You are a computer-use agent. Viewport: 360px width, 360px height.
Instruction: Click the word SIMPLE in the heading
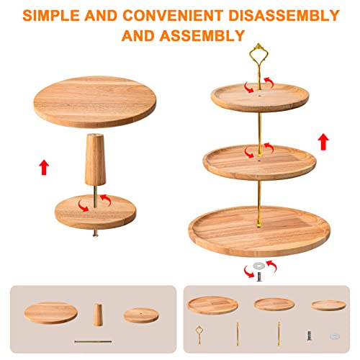[51, 16]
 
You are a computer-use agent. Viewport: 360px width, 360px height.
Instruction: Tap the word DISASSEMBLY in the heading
[284, 16]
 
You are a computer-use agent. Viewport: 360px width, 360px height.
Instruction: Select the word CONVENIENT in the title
[173, 16]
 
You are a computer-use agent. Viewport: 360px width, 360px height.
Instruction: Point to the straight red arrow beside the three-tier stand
[323, 142]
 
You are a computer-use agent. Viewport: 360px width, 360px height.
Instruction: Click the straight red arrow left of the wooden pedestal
[44, 167]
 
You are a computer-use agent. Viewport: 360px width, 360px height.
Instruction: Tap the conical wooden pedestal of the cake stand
[95, 159]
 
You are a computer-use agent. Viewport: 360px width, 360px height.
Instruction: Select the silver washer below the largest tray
[259, 266]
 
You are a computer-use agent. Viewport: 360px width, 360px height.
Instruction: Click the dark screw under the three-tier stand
[259, 276]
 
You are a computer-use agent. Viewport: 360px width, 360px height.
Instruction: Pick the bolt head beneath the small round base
[95, 233]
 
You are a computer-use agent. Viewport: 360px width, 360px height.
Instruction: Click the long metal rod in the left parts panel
[93, 341]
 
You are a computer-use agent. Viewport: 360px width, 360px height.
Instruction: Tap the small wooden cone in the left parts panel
[98, 315]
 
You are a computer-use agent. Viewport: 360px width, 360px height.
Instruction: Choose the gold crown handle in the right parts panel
[199, 335]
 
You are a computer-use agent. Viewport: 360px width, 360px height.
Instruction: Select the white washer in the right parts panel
[334, 336]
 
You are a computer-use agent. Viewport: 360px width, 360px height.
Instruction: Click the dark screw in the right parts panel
[310, 336]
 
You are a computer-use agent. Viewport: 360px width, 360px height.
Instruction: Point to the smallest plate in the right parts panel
[328, 305]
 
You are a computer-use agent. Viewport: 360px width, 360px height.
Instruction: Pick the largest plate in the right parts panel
[212, 305]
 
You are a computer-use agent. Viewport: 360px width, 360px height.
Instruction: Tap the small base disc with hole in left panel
[141, 315]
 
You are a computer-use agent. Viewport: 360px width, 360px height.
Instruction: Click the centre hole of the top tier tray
[260, 96]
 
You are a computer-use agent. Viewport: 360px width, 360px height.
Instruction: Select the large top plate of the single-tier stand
[95, 102]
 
